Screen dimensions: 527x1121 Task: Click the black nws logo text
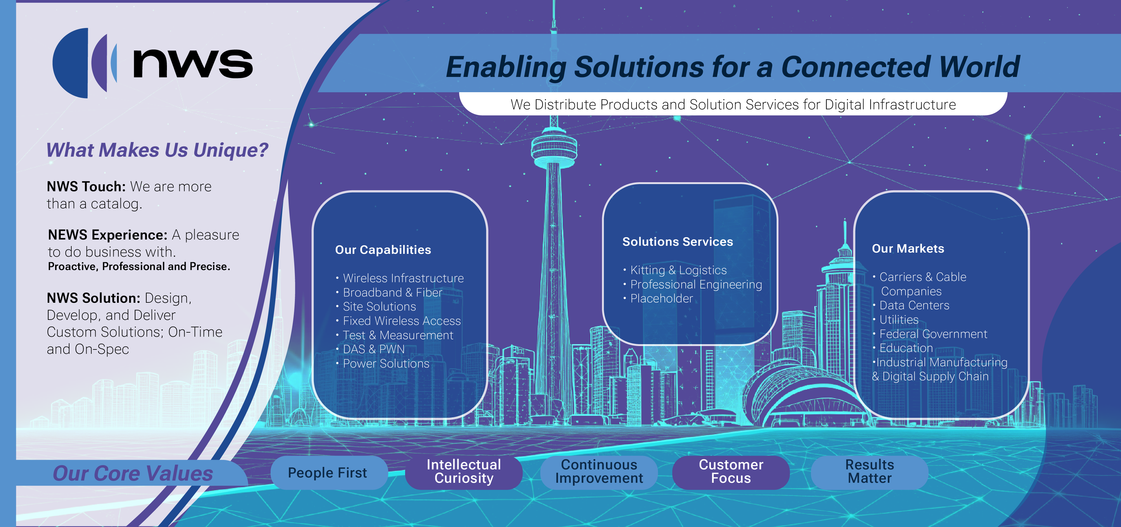point(192,64)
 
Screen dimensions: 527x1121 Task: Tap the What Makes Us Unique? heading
point(157,150)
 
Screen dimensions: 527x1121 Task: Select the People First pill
point(328,472)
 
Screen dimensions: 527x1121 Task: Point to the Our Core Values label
point(133,473)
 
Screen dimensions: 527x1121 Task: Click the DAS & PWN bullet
point(373,349)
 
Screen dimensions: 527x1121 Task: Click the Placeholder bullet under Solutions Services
point(661,298)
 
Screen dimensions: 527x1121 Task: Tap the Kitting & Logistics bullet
point(678,270)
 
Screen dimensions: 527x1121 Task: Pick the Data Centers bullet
point(914,306)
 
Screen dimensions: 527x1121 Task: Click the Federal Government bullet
point(933,334)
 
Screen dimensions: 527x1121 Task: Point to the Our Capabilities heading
point(383,250)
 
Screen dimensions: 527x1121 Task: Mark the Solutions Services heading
point(678,242)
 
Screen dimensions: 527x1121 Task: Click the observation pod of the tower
point(554,149)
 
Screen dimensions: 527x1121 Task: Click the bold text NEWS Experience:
point(107,235)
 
